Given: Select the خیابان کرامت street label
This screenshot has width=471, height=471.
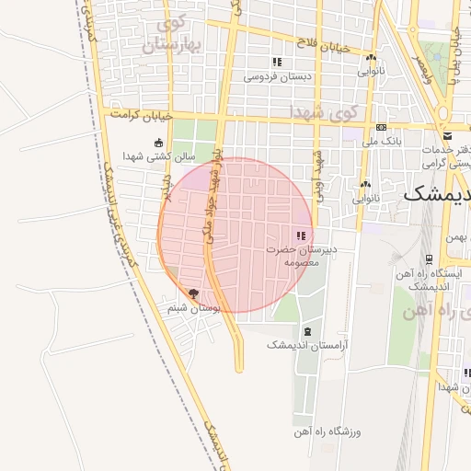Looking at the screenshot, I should pos(142,116).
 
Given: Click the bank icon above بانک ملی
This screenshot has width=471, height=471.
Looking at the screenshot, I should pos(381,127).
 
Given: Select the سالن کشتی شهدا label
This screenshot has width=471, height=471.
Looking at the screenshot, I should pos(160,156).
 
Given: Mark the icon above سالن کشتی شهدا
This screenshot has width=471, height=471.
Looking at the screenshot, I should pos(159,142).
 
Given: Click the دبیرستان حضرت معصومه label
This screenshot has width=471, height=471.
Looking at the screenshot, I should pos(304,255).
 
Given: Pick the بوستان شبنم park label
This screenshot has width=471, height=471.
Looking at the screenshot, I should pos(194,308).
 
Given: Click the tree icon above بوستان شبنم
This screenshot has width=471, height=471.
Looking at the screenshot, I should pos(192,293).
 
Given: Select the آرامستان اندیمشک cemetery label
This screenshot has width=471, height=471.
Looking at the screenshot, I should pos(307,344).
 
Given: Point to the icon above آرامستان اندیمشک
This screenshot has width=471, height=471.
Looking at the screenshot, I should pos(307,330).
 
